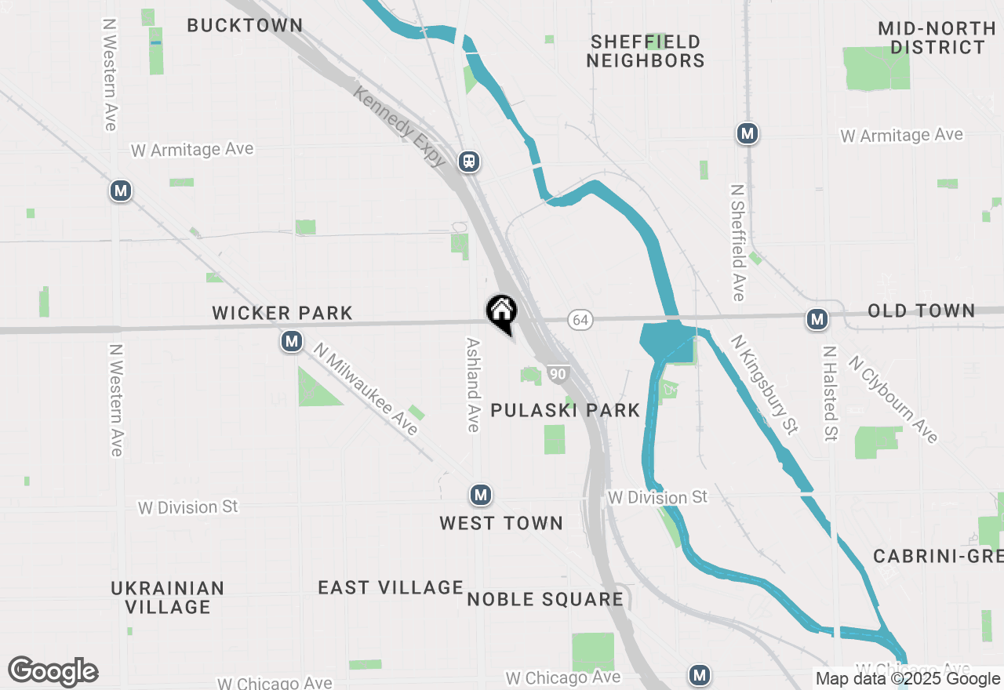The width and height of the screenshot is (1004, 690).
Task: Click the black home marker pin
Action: (501, 312)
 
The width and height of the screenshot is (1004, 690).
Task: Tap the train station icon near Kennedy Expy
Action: (469, 162)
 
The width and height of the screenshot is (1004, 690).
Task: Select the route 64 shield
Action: (580, 319)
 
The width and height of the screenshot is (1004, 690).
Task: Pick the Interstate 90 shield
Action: (557, 374)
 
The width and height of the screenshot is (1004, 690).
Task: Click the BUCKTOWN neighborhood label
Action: (245, 25)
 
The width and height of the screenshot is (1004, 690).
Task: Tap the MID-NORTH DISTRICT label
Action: (937, 38)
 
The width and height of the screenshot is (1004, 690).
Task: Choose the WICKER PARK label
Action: (282, 313)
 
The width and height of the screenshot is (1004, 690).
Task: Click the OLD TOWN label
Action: (921, 310)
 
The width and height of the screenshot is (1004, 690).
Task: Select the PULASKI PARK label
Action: (565, 410)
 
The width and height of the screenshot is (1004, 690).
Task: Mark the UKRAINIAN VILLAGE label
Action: (168, 597)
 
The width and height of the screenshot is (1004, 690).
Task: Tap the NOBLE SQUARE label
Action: (545, 600)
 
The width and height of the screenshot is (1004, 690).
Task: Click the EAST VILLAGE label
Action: (391, 587)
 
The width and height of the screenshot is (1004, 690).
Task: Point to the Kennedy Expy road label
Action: (400, 126)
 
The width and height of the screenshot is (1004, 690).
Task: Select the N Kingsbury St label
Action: (764, 384)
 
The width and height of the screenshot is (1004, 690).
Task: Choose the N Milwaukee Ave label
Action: (366, 389)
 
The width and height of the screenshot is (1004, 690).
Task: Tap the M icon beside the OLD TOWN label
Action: (817, 319)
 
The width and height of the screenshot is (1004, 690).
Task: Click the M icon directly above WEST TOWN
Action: (480, 495)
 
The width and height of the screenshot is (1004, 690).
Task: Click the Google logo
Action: (53, 672)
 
